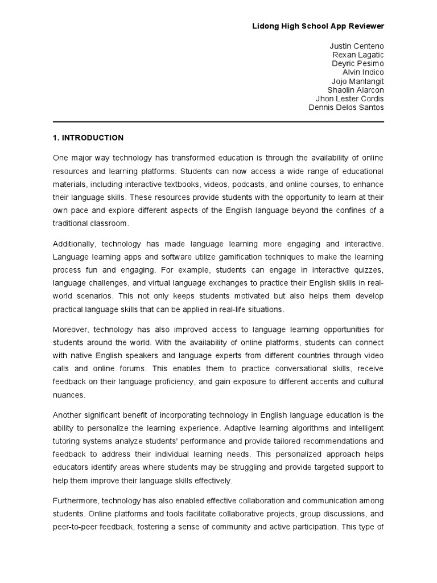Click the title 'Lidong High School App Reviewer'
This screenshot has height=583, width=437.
319,26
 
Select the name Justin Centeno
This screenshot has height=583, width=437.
357,46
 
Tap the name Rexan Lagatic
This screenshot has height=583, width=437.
358,55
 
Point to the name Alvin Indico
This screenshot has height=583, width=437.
363,72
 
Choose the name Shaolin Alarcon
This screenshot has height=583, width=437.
356,90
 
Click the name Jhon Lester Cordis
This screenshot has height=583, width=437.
350,98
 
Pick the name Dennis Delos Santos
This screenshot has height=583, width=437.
346,108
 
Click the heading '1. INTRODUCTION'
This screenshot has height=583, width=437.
88,138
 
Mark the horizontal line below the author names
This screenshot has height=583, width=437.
218,122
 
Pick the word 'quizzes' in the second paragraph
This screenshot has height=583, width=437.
369,269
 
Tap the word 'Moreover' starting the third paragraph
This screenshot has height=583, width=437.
71,330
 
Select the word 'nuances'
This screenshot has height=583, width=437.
69,394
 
